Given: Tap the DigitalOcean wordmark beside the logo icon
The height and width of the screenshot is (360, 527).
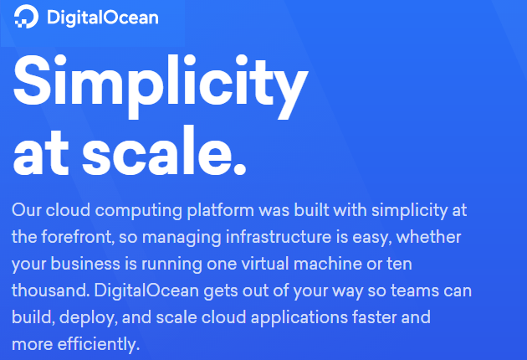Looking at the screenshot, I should [x=103, y=16].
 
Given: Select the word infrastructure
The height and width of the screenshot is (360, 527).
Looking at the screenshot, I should [x=281, y=237].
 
